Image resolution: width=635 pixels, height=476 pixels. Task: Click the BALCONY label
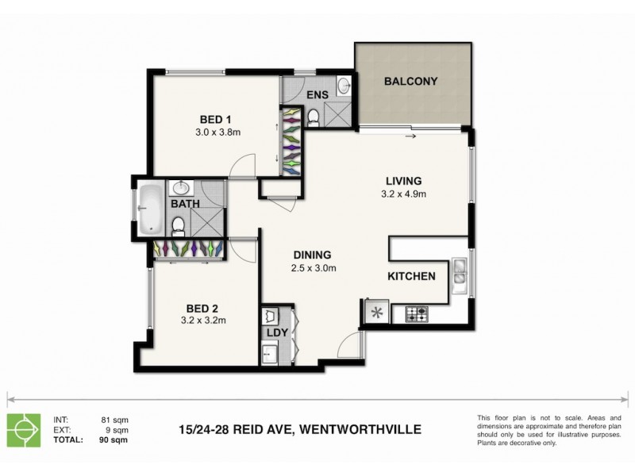click(410, 82)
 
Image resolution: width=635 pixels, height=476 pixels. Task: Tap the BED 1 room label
click(211, 121)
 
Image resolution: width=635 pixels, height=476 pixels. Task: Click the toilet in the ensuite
click(313, 117)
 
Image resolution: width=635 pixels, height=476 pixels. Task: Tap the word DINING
click(312, 255)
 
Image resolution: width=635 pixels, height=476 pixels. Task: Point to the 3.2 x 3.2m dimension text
click(204, 321)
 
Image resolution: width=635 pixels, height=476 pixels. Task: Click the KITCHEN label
click(410, 277)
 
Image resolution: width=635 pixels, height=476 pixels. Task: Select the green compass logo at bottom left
click(22, 429)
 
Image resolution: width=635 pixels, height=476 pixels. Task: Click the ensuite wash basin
click(342, 85)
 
